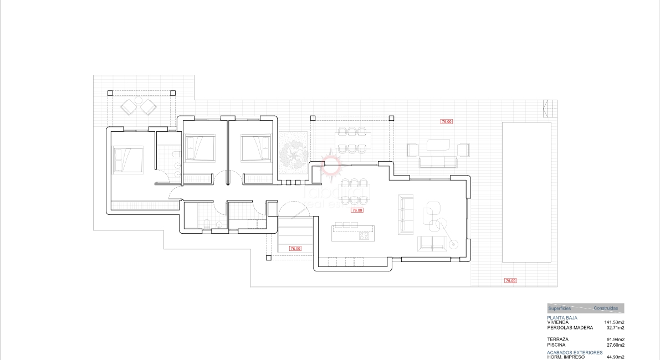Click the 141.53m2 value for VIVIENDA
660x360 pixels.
coord(614,322)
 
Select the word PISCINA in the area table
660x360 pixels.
coord(556,345)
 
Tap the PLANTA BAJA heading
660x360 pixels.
coord(562,318)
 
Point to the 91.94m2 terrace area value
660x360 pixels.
coord(615,340)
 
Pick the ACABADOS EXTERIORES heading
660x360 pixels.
coord(575,352)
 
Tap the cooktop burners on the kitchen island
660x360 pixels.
coord(365,236)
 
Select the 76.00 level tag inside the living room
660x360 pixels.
coord(357,210)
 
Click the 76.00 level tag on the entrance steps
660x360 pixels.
coord(295,249)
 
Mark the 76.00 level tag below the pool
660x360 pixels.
coord(510,281)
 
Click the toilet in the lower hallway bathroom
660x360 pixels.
coord(206,223)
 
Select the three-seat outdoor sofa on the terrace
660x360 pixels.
coord(437,162)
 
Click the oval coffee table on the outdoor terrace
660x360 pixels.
coord(438,145)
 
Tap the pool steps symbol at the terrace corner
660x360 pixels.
coord(549,108)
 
